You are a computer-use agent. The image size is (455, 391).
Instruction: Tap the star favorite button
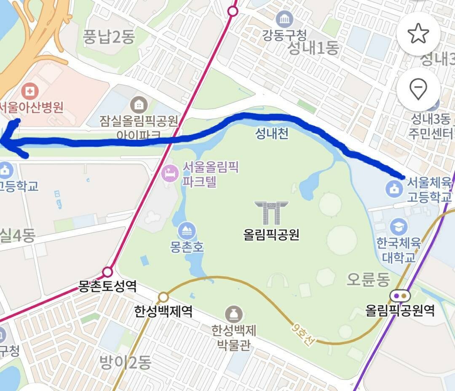[418, 34]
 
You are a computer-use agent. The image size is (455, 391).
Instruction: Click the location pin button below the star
[418, 89]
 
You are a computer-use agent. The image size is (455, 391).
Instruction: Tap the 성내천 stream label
[272, 134]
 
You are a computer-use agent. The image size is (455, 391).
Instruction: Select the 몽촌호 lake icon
[187, 230]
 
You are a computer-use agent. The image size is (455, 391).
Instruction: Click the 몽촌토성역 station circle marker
[108, 271]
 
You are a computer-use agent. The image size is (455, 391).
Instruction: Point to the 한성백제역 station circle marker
[163, 297]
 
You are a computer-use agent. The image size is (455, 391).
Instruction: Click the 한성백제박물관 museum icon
[234, 314]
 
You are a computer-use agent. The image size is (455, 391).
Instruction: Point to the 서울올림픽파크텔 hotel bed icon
[171, 173]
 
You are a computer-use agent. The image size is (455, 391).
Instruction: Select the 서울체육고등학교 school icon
[394, 188]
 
